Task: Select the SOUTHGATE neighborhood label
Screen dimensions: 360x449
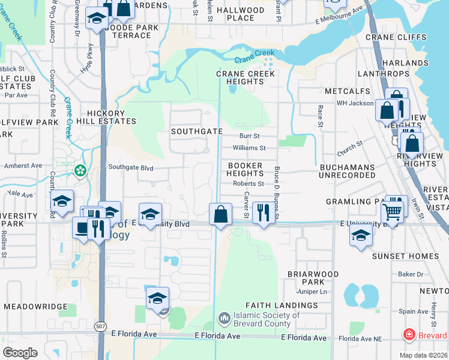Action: tap(197, 131)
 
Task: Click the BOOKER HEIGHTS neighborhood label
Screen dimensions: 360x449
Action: tap(244, 169)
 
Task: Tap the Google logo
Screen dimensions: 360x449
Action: tap(20, 352)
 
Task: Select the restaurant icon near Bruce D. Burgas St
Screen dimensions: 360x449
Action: tap(262, 212)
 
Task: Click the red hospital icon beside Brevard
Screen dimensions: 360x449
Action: tap(409, 335)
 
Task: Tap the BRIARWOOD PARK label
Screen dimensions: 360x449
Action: tap(321, 278)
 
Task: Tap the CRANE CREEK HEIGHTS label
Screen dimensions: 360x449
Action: tap(246, 77)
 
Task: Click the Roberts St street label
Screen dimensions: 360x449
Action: tap(249, 184)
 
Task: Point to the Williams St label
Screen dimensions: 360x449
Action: tap(249, 148)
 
